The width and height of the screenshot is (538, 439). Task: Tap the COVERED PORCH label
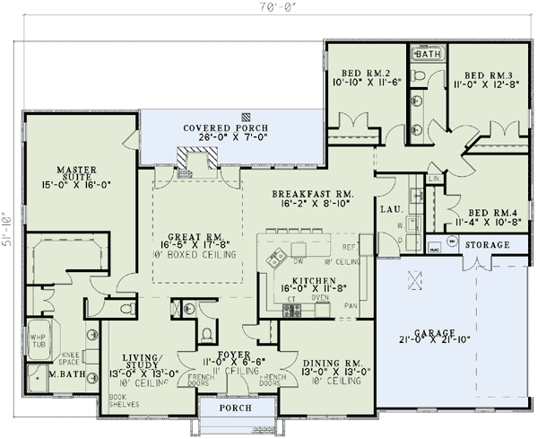coord(219,128)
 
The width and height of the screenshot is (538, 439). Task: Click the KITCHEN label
coord(313,281)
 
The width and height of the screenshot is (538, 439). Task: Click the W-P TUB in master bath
coord(40,332)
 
